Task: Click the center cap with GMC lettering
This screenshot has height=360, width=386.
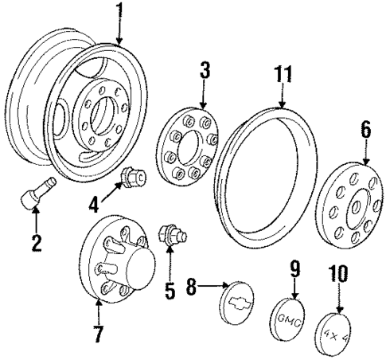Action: point(294,315)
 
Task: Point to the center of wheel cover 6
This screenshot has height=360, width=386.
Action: point(349,203)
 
